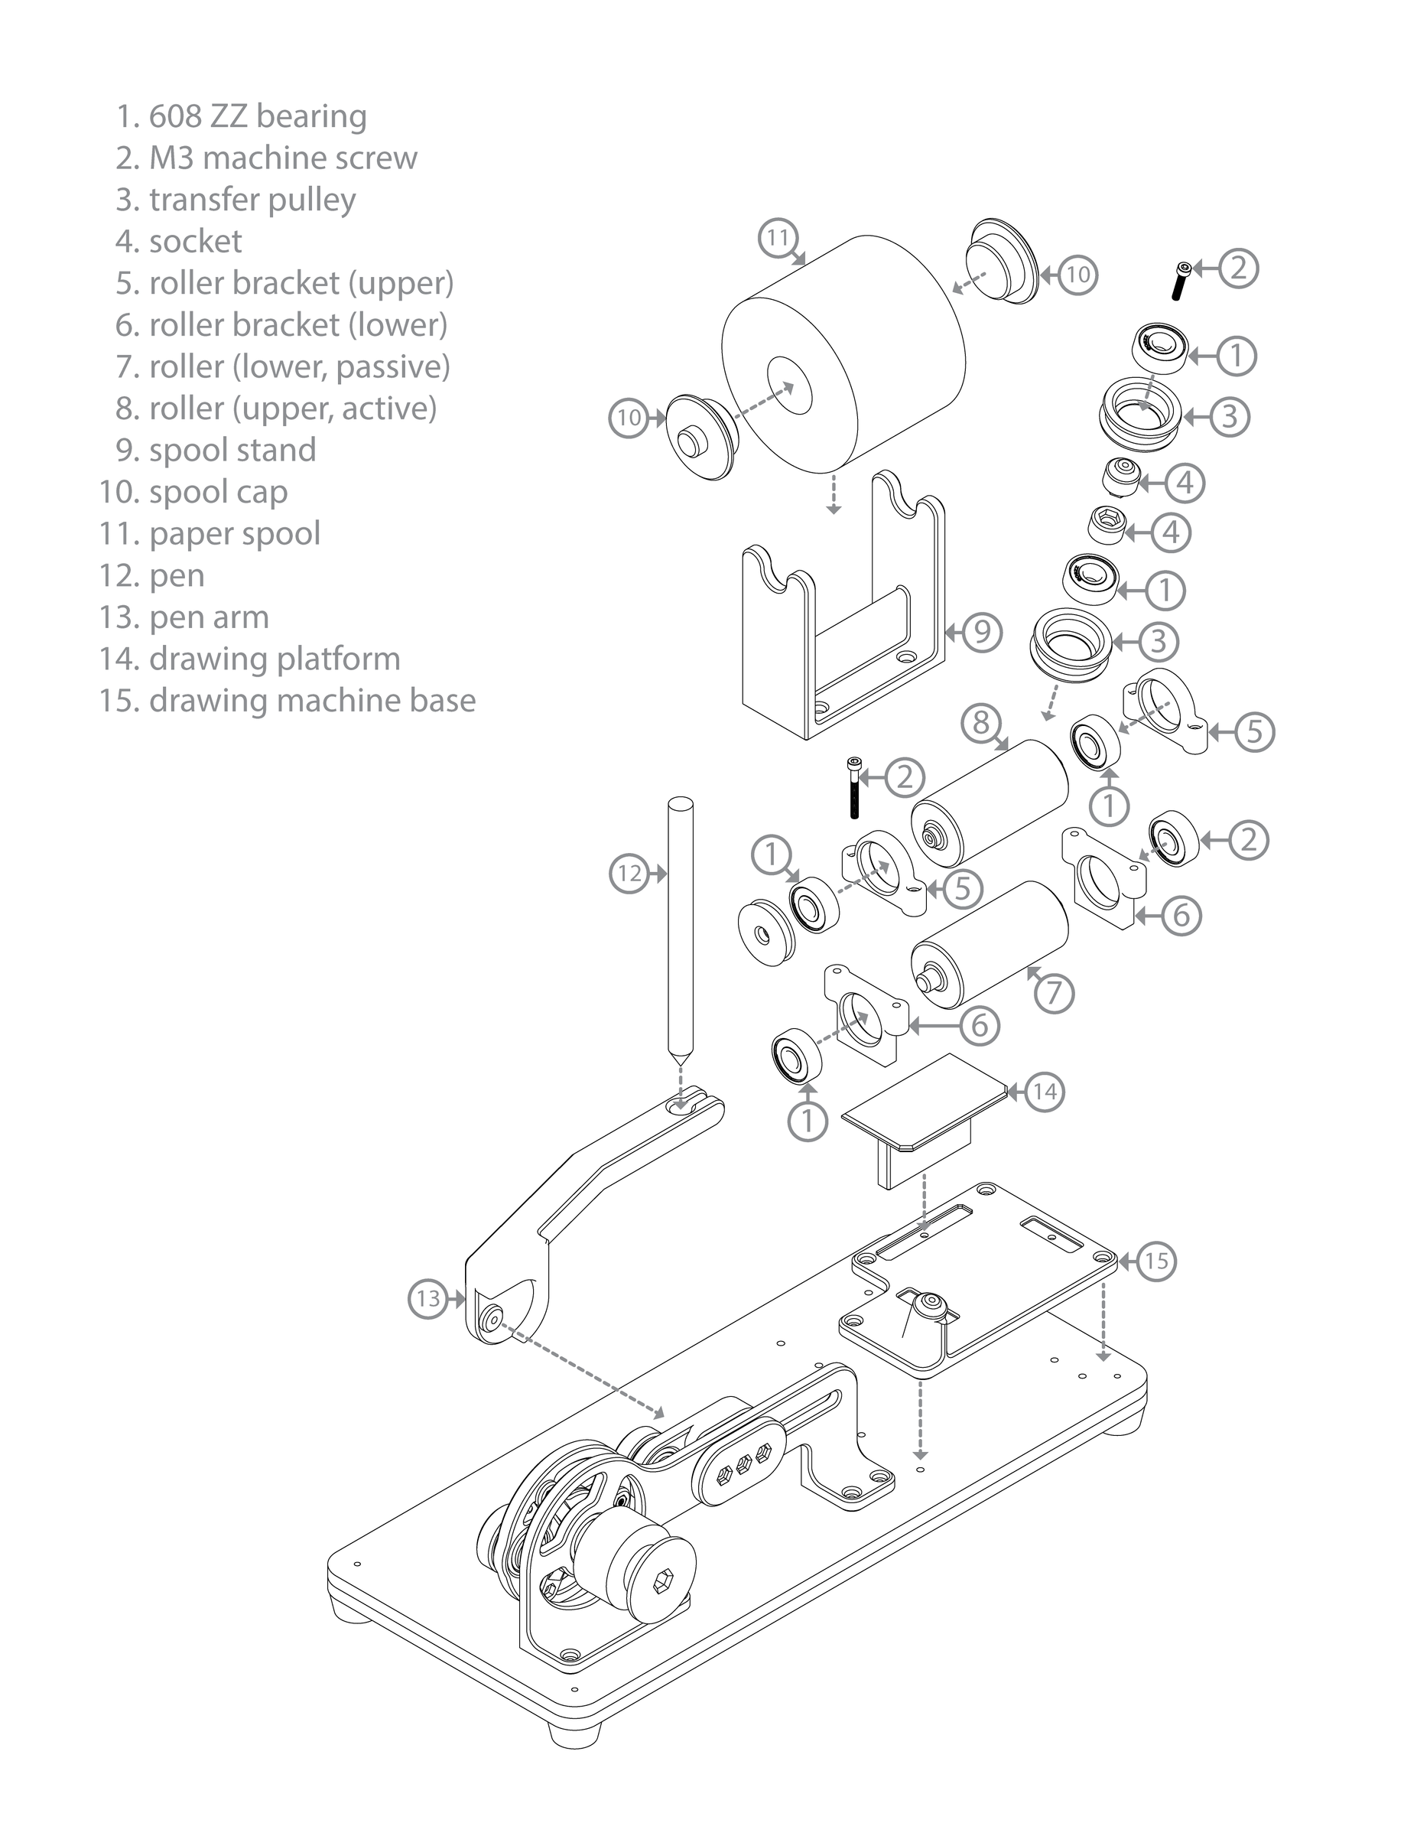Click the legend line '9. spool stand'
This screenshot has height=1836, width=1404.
click(x=216, y=450)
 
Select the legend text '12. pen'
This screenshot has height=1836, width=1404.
click(x=152, y=575)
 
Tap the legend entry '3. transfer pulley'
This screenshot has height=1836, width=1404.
click(x=236, y=200)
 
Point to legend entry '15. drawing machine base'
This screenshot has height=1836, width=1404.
click(x=288, y=701)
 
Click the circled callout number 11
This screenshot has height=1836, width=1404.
click(x=778, y=238)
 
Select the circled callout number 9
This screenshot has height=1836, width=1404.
click(x=982, y=631)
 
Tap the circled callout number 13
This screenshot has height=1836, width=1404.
click(x=428, y=1298)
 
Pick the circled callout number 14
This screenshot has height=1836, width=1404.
click(x=1045, y=1091)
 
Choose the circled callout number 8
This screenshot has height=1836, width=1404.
click(x=981, y=722)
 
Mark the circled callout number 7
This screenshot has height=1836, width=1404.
click(x=1054, y=992)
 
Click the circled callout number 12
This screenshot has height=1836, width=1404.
click(x=629, y=874)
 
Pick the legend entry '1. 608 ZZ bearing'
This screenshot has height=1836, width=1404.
click(x=241, y=116)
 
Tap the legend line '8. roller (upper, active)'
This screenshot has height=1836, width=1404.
click(x=276, y=409)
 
